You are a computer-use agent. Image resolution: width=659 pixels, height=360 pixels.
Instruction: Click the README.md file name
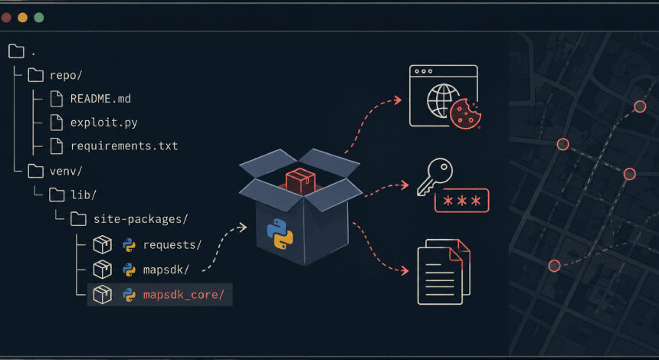click(x=100, y=99)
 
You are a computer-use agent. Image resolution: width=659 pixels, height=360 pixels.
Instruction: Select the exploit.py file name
click(x=103, y=123)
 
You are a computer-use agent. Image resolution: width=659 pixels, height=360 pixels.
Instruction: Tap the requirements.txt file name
click(x=124, y=146)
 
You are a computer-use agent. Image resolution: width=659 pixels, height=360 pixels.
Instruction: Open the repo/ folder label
click(x=66, y=76)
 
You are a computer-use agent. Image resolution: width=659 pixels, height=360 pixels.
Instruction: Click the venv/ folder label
click(x=66, y=171)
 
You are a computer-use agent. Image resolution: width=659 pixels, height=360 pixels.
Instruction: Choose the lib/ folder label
click(x=84, y=195)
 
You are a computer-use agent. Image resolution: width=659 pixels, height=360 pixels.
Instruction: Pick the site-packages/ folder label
click(x=140, y=219)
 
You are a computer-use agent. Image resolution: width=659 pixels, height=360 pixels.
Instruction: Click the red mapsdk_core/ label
click(x=184, y=295)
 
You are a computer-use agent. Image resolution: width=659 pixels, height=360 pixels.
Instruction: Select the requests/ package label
click(x=172, y=245)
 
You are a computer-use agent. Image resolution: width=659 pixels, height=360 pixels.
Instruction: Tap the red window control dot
click(x=6, y=18)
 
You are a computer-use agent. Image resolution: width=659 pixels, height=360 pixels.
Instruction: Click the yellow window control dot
click(x=23, y=18)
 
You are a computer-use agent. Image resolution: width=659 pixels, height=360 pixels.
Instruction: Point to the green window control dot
click(x=39, y=18)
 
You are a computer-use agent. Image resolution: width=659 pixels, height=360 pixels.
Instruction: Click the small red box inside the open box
click(x=300, y=181)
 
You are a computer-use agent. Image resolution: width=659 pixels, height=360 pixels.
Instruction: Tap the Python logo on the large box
click(x=279, y=234)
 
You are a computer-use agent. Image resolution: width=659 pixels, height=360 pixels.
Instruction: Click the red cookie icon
click(x=465, y=113)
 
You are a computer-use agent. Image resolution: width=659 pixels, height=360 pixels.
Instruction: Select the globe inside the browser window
click(x=443, y=101)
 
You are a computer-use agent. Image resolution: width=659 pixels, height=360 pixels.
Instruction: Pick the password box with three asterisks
click(x=461, y=201)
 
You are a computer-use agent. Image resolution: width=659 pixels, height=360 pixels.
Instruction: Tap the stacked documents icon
click(x=444, y=272)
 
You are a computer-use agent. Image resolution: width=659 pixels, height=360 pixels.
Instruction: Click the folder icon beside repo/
click(x=36, y=75)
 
